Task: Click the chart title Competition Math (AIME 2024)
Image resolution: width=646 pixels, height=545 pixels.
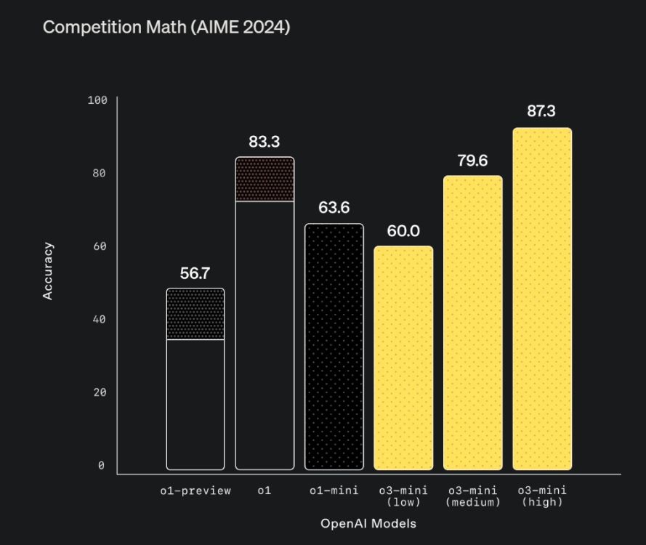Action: pyautogui.click(x=166, y=28)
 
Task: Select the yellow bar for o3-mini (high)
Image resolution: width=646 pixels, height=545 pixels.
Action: pyautogui.click(x=542, y=299)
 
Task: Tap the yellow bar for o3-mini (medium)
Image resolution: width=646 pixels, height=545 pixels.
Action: pyautogui.click(x=472, y=323)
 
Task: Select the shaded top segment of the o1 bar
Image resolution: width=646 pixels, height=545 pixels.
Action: pyautogui.click(x=265, y=179)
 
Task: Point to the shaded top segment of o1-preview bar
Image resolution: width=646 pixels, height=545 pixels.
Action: pyautogui.click(x=195, y=314)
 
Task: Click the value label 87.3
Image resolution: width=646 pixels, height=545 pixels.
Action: pyautogui.click(x=541, y=111)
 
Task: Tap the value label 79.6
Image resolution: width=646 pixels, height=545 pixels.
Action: pyautogui.click(x=472, y=161)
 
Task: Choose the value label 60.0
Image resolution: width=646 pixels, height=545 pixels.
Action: pyautogui.click(x=403, y=231)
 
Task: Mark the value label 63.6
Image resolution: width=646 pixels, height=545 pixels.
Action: pyautogui.click(x=334, y=208)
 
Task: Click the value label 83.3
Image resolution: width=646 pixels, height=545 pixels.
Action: pyautogui.click(x=265, y=141)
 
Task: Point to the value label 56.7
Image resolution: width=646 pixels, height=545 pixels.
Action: pyautogui.click(x=195, y=273)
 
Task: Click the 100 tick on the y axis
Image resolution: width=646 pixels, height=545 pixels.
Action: pyautogui.click(x=97, y=100)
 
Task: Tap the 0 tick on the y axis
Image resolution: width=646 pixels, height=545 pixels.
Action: pyautogui.click(x=101, y=466)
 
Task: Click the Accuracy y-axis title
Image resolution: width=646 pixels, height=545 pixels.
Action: pyautogui.click(x=48, y=271)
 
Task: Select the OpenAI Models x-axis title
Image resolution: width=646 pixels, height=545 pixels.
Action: pyautogui.click(x=368, y=523)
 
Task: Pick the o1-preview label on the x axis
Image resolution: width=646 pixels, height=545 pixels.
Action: pyautogui.click(x=195, y=491)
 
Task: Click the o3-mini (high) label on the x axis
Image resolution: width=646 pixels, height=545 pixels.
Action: pyautogui.click(x=542, y=496)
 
